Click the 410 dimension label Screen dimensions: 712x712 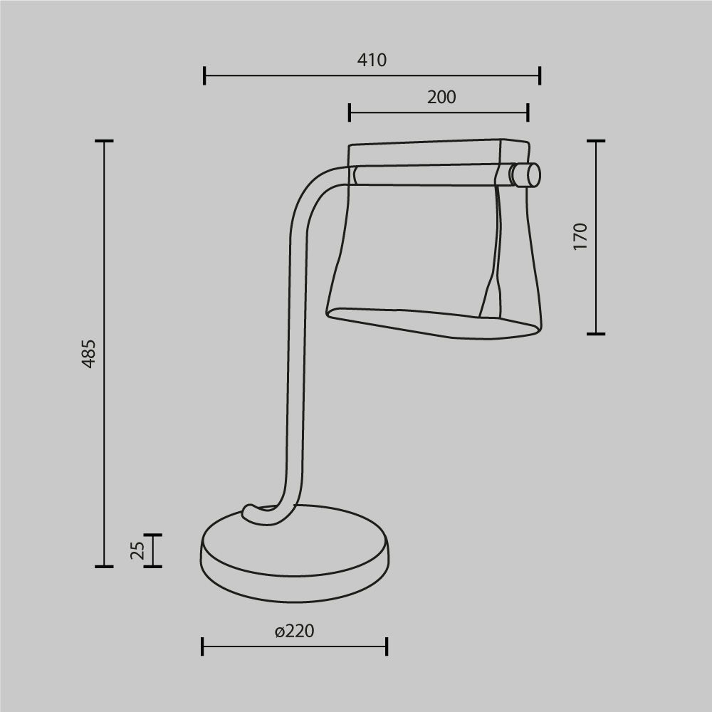372,61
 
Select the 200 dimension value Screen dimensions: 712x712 441,98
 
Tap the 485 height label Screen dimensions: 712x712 89,353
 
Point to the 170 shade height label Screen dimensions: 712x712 581,236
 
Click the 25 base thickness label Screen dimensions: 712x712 138,550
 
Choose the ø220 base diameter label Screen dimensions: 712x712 294,631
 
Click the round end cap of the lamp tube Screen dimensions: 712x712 528,174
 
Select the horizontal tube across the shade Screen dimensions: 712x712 427,175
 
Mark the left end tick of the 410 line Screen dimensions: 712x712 204,75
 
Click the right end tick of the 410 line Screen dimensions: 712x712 540,75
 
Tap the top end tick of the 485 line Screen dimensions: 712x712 104,142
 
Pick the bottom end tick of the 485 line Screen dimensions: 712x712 104,567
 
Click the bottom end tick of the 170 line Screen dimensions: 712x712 596,333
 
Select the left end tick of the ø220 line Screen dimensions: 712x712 203,646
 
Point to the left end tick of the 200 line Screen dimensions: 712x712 350,112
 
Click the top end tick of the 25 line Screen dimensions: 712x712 152,535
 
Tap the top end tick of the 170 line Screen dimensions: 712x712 596,142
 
